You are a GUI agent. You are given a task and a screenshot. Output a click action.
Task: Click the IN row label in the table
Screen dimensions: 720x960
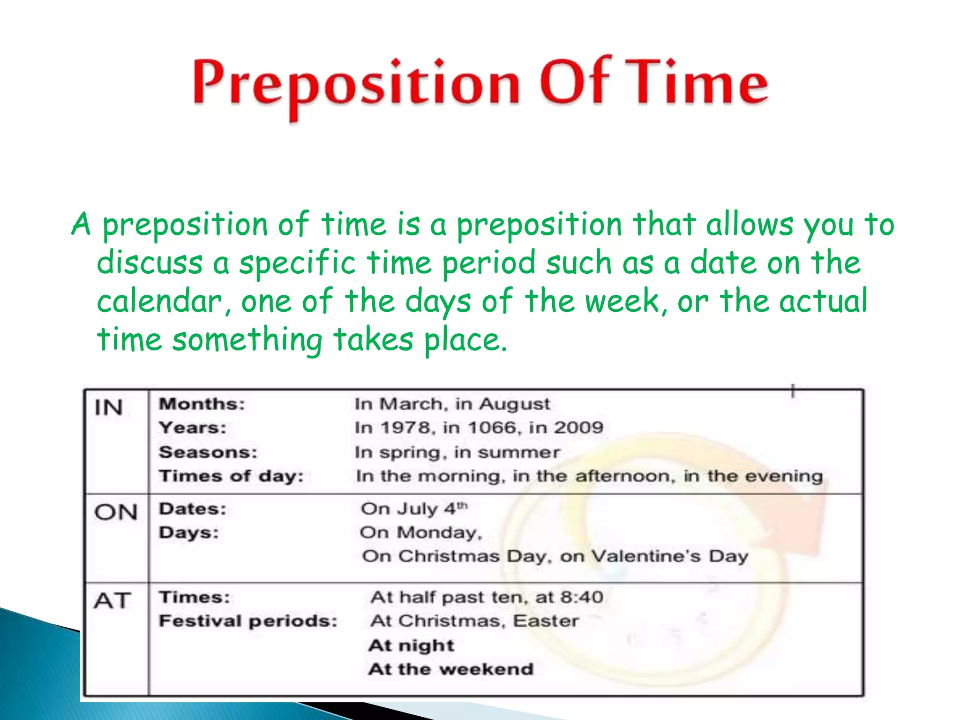[x=109, y=407]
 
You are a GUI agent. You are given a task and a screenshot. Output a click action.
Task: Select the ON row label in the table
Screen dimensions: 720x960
[x=115, y=512]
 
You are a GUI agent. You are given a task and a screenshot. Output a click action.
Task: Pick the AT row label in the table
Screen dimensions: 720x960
[x=112, y=600]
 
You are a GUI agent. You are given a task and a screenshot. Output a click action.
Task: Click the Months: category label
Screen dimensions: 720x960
[x=202, y=404]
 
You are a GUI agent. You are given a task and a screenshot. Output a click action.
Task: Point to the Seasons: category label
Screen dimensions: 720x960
[x=208, y=452]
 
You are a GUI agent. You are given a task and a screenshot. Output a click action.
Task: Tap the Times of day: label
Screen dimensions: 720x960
[x=231, y=476]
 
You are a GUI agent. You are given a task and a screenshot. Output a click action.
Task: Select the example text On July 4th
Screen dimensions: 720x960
[x=414, y=509]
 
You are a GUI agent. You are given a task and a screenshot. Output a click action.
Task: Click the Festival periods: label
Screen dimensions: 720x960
[x=248, y=621]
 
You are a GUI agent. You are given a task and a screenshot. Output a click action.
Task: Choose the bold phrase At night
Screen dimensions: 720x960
[x=411, y=646]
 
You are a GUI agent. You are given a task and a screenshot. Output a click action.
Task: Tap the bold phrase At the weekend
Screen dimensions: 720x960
[x=450, y=669]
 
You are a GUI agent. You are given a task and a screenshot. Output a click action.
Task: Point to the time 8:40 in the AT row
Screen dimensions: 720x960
[x=582, y=597]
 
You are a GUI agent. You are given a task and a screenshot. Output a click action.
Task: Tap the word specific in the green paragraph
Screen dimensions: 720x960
[x=297, y=263]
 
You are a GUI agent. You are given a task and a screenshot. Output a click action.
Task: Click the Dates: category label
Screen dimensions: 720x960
[x=193, y=509]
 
